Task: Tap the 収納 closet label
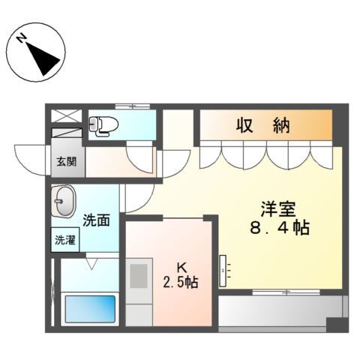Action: click(265, 126)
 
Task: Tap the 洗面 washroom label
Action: click(95, 220)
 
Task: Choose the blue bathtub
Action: click(90, 308)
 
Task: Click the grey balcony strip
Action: click(281, 310)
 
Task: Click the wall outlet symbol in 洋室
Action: click(223, 266)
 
